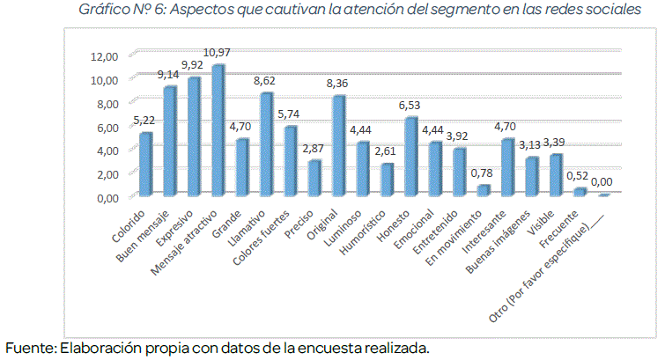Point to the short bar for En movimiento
[x=482, y=189]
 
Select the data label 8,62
[x=265, y=80]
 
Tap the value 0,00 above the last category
[x=602, y=182]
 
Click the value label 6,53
[x=410, y=105]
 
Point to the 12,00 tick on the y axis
[x=104, y=56]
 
